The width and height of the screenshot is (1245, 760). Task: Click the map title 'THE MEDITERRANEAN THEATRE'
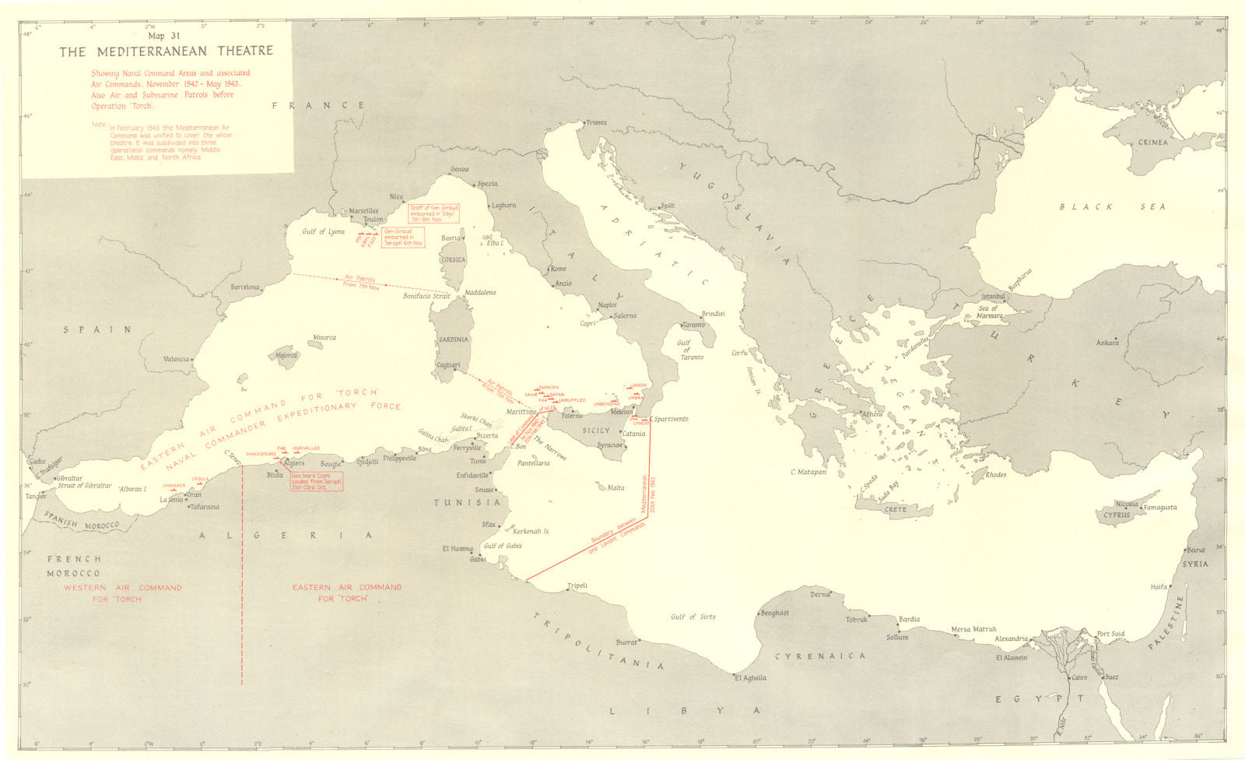click(x=167, y=51)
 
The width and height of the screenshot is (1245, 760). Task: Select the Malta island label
click(x=615, y=488)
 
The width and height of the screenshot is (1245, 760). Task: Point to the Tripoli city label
click(x=577, y=586)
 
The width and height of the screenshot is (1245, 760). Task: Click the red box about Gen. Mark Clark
click(x=315, y=481)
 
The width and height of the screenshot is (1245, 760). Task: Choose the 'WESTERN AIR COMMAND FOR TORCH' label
click(x=123, y=593)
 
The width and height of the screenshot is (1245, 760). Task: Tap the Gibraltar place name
click(x=72, y=477)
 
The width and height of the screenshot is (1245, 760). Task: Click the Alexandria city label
click(x=1011, y=639)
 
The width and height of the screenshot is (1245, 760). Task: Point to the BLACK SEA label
click(x=1113, y=206)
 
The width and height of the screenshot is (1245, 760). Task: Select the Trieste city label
click(x=597, y=123)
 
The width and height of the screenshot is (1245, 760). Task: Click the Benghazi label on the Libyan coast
click(x=774, y=613)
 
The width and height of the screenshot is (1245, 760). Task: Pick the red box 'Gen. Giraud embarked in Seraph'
click(x=403, y=237)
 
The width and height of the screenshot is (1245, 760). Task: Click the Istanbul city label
click(x=994, y=296)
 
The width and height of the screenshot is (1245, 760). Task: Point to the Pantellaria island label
click(x=533, y=463)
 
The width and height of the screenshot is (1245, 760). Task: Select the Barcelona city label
click(x=244, y=287)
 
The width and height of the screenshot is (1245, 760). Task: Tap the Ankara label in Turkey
click(x=1106, y=343)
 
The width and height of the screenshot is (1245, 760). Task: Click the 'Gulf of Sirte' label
click(x=693, y=617)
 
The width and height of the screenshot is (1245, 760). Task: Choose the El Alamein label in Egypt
click(x=1012, y=657)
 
